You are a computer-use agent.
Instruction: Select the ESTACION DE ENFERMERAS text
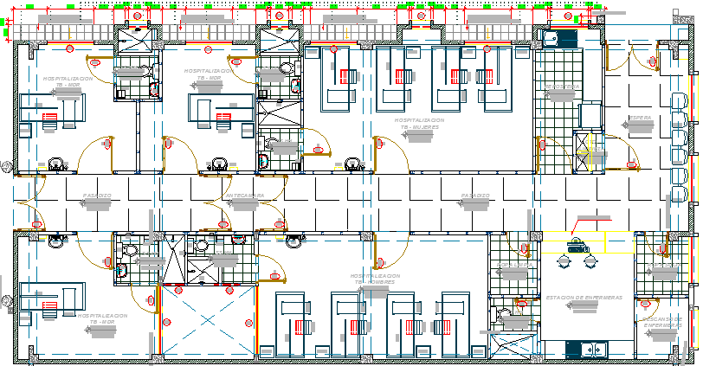pos(584,298)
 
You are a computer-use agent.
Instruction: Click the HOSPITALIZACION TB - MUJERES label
pos(420,124)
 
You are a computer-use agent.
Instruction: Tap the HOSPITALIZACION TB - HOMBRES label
pos(375,279)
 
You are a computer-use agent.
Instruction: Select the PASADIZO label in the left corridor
pos(97,196)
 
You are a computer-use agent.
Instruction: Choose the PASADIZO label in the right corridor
pos(475,196)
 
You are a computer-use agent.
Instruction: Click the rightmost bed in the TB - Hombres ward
pos(458,325)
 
